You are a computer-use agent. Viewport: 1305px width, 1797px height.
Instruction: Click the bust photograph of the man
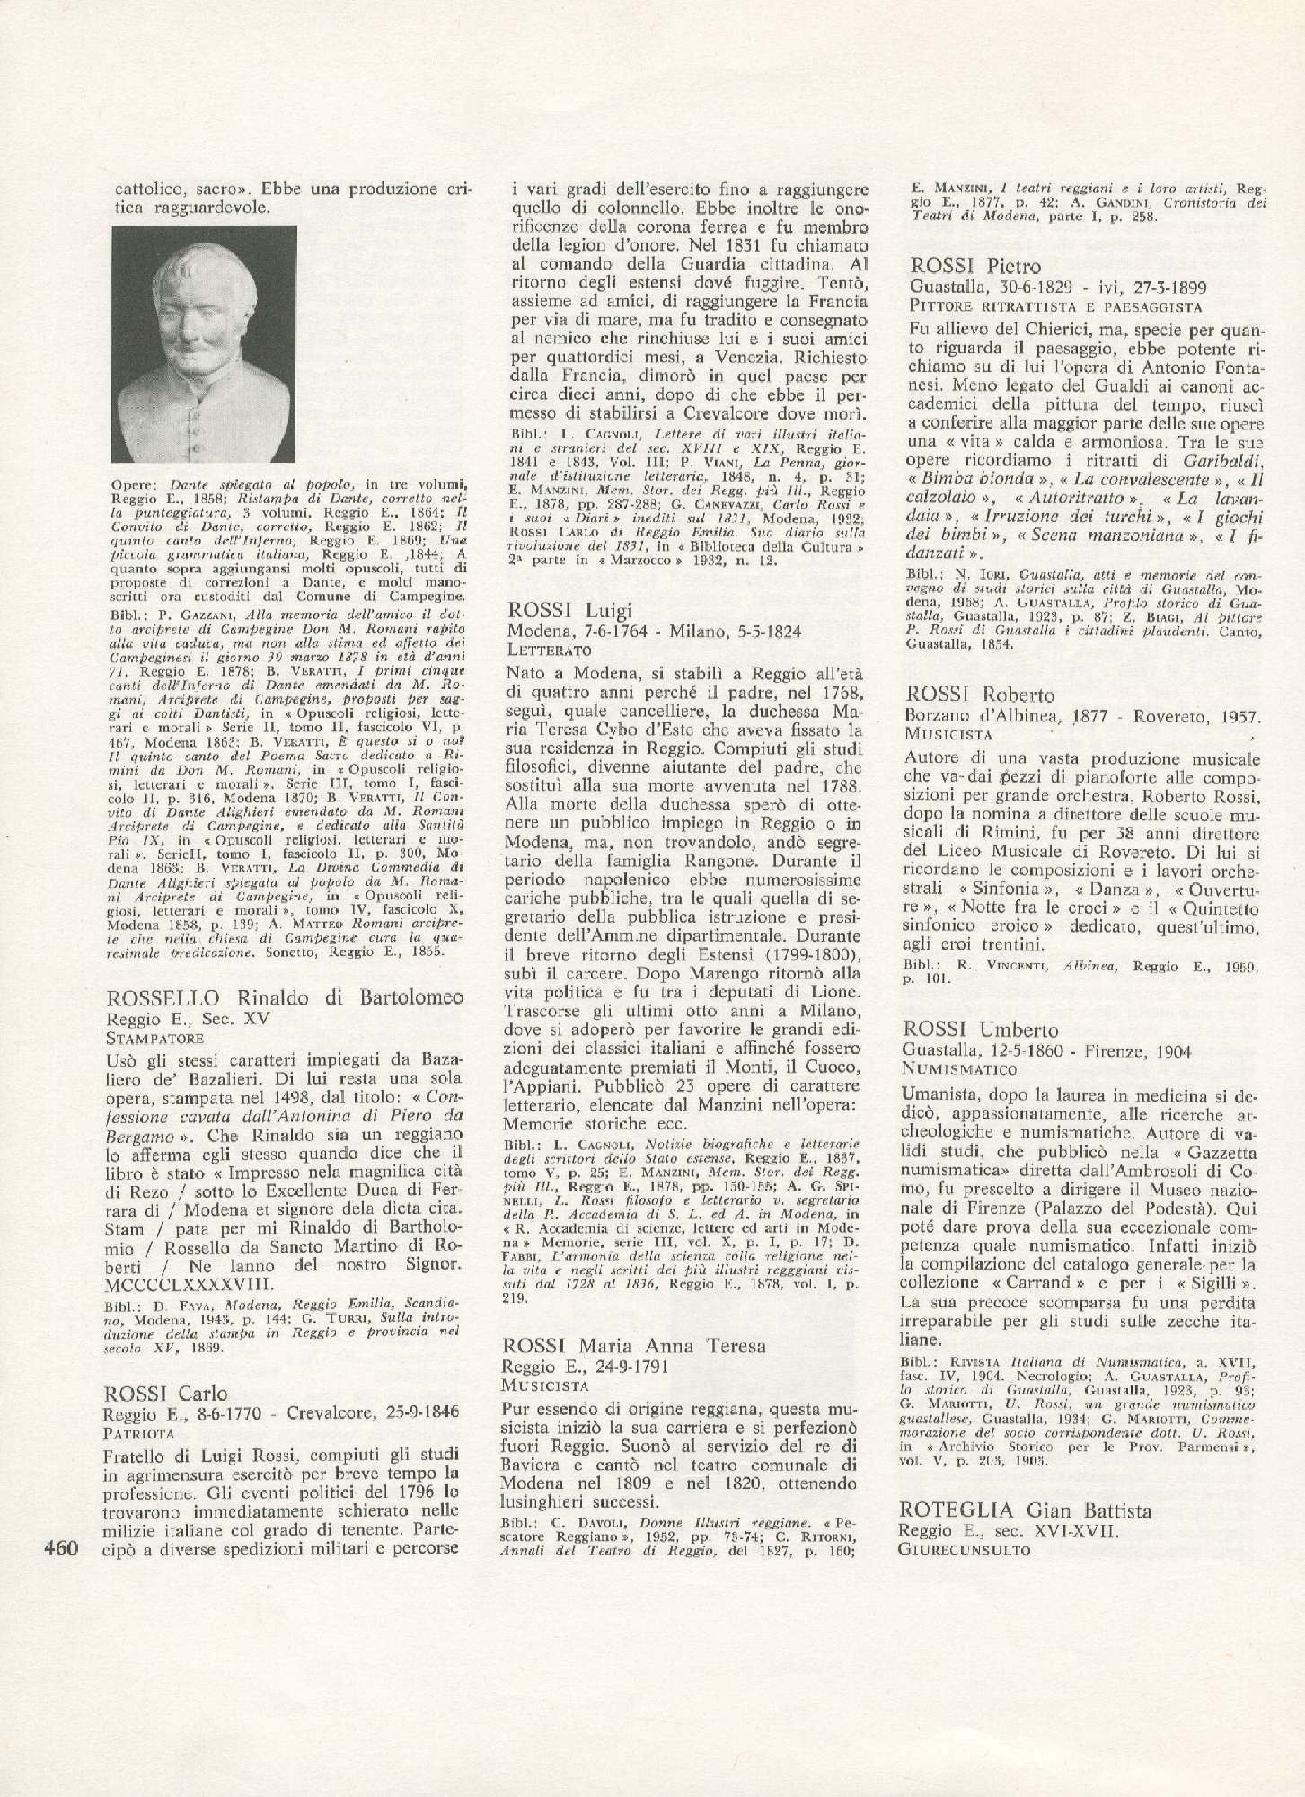click(204, 343)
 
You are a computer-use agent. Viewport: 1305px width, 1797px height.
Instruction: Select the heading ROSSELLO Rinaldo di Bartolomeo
click(285, 998)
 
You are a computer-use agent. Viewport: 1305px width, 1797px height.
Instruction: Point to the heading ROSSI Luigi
click(569, 611)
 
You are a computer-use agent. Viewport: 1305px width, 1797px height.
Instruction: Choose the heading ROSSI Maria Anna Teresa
click(634, 1345)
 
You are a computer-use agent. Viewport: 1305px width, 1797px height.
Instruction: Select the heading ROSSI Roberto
click(980, 695)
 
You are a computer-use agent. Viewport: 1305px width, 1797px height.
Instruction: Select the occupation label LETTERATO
click(548, 649)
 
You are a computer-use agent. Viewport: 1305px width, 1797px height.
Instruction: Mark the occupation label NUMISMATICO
click(959, 1069)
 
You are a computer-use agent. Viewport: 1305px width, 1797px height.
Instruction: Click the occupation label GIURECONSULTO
click(964, 1551)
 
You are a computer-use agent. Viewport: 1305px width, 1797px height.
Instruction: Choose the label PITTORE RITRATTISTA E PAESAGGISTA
click(1042, 305)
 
